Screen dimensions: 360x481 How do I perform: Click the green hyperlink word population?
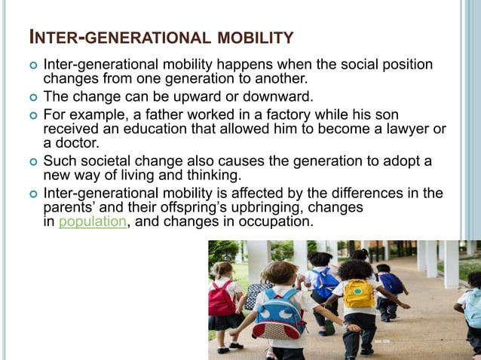click(86, 222)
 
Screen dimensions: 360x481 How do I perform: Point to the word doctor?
click(78, 143)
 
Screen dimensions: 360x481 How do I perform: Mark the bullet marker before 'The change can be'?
click(30, 97)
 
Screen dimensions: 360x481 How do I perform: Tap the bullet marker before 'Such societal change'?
click(30, 162)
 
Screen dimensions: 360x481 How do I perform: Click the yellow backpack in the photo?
click(359, 294)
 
